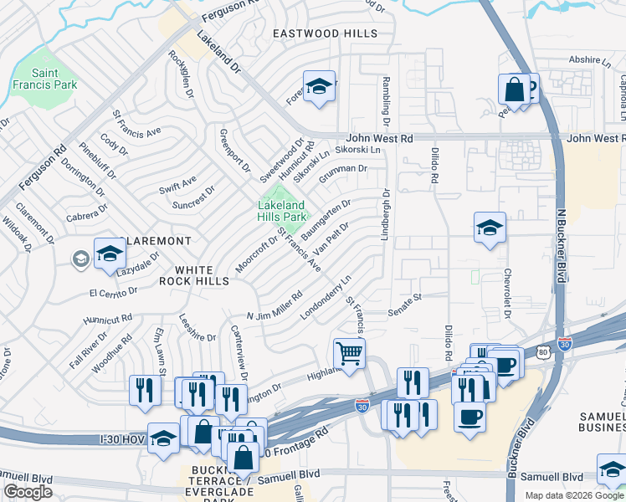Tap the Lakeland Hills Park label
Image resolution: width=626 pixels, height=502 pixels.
coord(280,210)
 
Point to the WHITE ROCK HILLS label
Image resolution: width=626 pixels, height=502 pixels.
coord(202,275)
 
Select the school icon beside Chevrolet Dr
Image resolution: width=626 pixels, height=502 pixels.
coord(490,227)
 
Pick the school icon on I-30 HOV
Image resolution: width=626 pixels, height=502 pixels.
coord(164,438)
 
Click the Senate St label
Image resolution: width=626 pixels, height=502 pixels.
coord(405,305)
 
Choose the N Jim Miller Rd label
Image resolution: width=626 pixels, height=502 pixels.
coord(275,306)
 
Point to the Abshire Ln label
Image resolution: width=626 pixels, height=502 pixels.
coord(590,60)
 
